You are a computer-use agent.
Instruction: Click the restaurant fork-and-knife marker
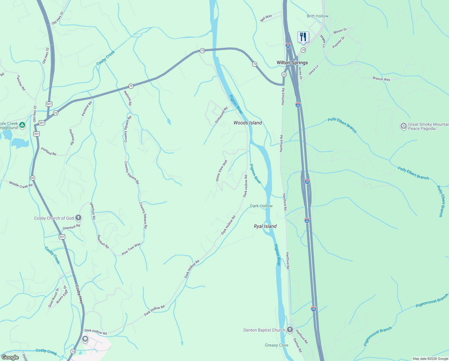303,37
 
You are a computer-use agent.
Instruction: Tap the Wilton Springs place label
292,63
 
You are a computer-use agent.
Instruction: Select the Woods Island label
248,123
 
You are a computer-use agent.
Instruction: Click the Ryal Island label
265,226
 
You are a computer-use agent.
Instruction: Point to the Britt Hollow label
318,16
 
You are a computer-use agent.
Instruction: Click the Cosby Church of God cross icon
78,218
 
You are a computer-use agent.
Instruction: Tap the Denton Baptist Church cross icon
290,329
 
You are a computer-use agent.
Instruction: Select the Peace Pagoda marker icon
404,126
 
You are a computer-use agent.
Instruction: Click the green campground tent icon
22,125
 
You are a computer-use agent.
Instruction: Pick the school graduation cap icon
85,339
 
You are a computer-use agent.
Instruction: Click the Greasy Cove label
277,345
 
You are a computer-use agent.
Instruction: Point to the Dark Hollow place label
261,206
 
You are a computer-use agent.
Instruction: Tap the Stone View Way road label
221,171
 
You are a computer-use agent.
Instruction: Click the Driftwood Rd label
221,115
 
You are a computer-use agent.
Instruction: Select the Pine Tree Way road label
131,249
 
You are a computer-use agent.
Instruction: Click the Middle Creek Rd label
21,184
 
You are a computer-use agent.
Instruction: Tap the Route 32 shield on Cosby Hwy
32,178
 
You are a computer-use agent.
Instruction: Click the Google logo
10,357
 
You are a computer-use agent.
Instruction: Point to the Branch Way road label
381,79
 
